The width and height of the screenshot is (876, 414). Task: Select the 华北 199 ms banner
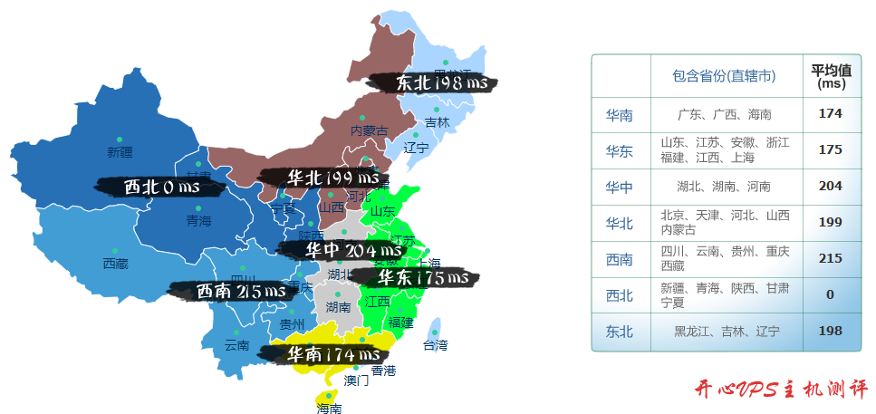[x=324, y=178]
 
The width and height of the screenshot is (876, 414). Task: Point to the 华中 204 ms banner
[x=351, y=249]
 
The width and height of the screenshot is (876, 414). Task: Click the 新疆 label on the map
[x=120, y=151]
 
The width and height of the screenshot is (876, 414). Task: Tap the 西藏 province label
[x=115, y=264]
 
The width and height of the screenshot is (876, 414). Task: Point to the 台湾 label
[x=435, y=345]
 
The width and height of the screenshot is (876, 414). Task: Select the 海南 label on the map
[x=329, y=409]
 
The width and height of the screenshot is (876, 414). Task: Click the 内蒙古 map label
[x=369, y=130]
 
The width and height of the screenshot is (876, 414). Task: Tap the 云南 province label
[x=236, y=345]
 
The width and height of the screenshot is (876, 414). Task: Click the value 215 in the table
[x=830, y=258]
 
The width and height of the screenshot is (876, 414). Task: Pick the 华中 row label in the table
[x=620, y=187]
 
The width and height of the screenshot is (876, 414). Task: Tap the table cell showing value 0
[x=830, y=294]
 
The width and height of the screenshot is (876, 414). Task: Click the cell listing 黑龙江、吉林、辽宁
[x=727, y=332]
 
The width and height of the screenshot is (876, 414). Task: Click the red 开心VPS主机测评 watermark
[x=781, y=390]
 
